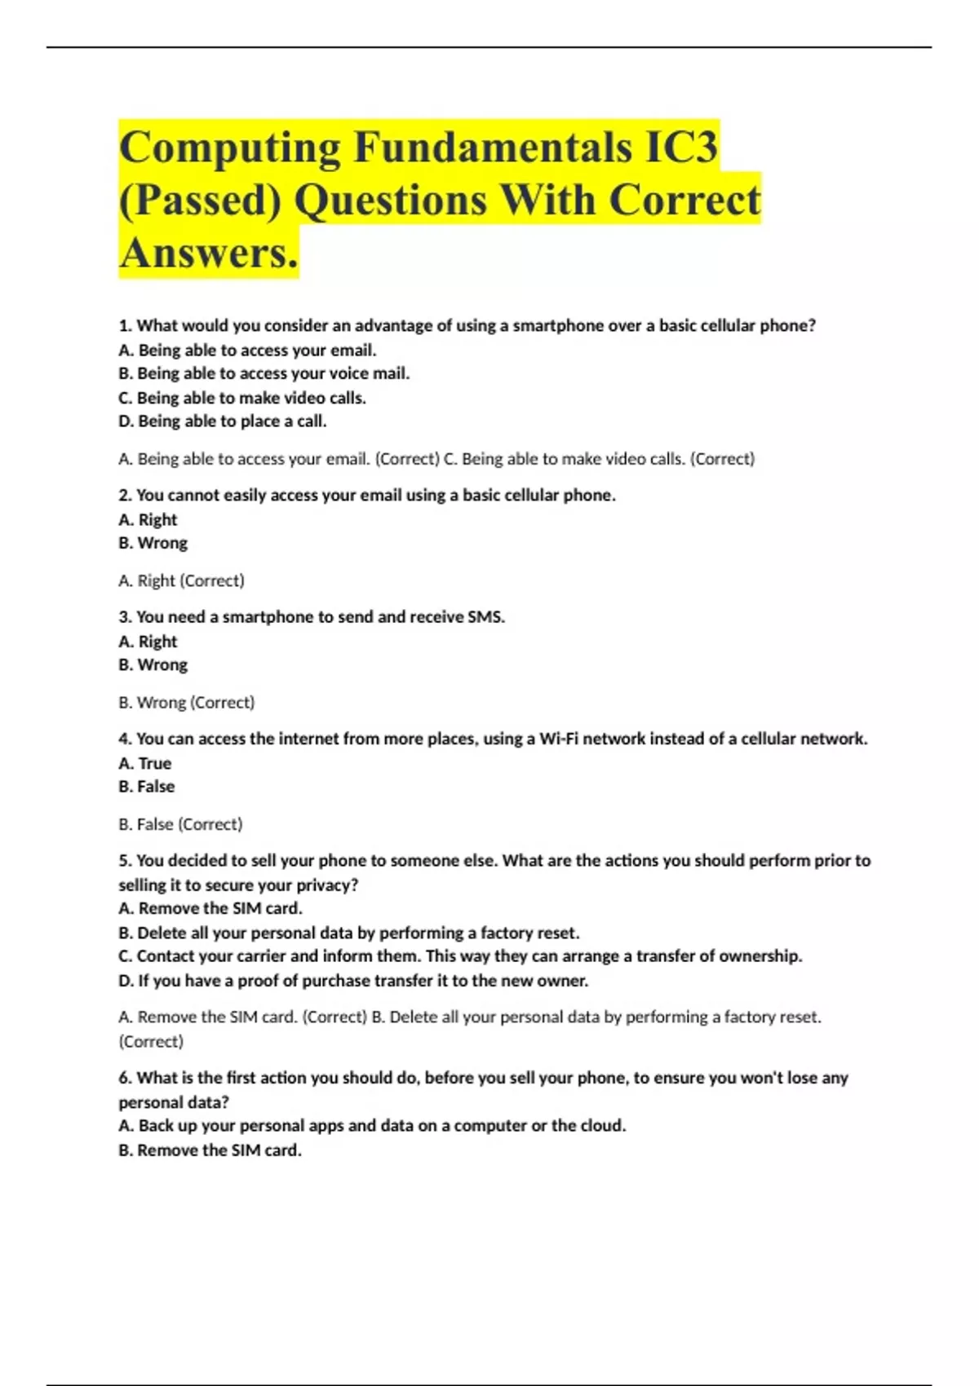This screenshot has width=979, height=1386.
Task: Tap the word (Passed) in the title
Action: (200, 201)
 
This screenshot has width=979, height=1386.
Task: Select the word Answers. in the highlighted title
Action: (209, 253)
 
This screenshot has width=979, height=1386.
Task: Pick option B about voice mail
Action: (264, 373)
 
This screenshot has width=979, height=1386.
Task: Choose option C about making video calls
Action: (242, 398)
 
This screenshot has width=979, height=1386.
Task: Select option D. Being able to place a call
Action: (223, 422)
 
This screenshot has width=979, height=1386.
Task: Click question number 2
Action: (125, 495)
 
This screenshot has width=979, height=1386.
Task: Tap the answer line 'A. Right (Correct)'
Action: (182, 580)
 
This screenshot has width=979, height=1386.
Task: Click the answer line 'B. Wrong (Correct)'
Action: (187, 702)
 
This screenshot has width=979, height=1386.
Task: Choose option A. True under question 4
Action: (145, 763)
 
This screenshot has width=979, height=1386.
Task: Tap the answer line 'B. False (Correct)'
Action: (181, 824)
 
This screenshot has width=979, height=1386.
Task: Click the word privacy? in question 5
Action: (327, 885)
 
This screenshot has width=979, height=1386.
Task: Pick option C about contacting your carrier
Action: (460, 956)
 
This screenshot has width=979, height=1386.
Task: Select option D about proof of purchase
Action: (353, 981)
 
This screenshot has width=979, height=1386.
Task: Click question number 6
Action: (125, 1078)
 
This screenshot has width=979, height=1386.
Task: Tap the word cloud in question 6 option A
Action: (601, 1126)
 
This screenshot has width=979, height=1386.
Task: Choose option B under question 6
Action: (210, 1150)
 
